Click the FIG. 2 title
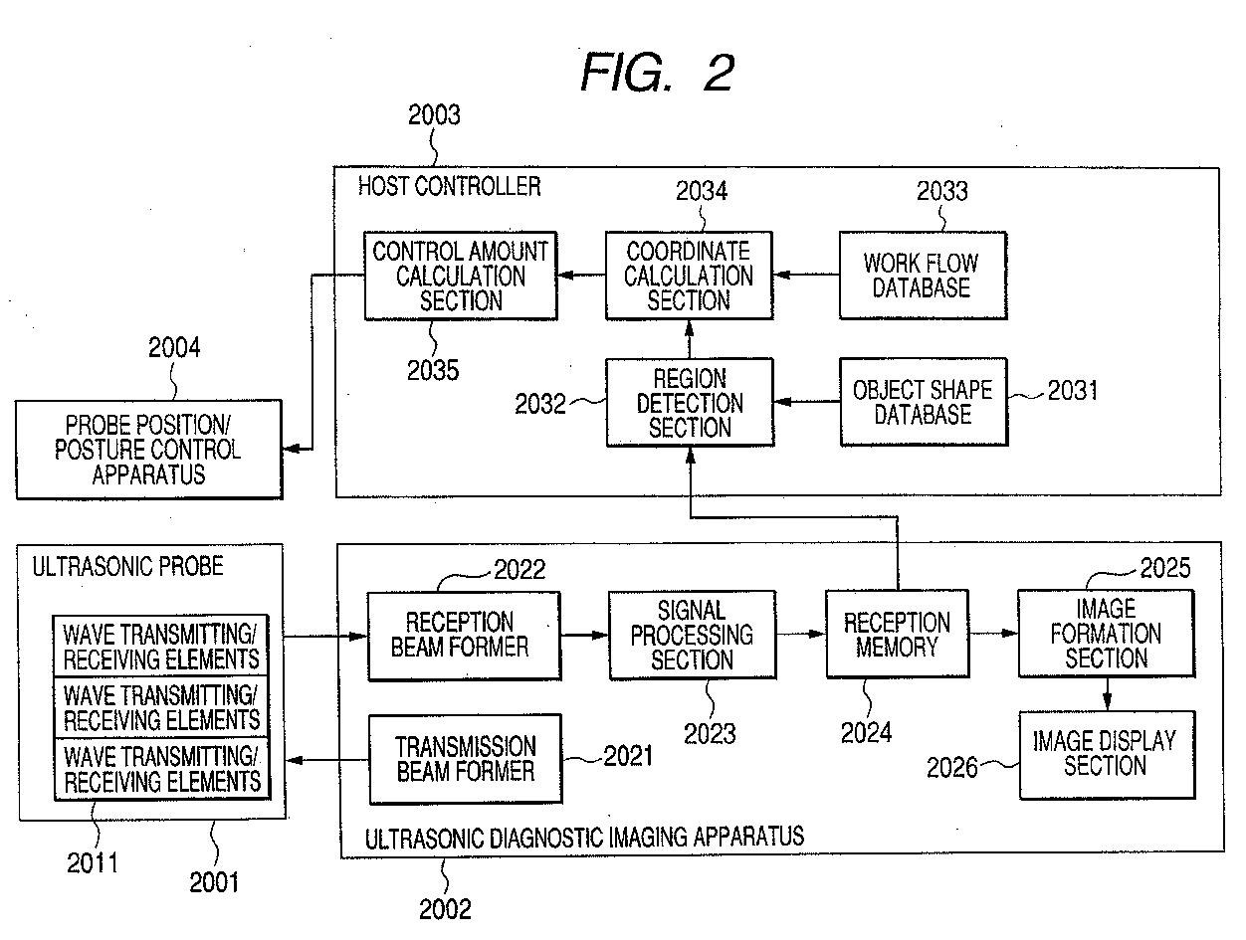pyautogui.click(x=658, y=73)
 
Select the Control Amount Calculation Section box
pyautogui.click(x=460, y=276)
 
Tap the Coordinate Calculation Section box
pyautogui.click(x=689, y=276)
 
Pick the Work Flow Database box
pyautogui.click(x=922, y=276)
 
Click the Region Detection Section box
pyautogui.click(x=689, y=403)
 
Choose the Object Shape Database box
pyautogui.click(x=923, y=402)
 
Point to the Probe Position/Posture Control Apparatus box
pyautogui.click(x=148, y=450)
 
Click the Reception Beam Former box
pyautogui.click(x=463, y=636)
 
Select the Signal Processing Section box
pyautogui.click(x=692, y=635)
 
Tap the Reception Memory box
pyautogui.click(x=897, y=635)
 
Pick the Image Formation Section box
pyautogui.click(x=1105, y=633)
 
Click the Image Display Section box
pyautogui.click(x=1105, y=754)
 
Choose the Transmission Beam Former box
pyautogui.click(x=465, y=759)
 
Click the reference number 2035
pyautogui.click(x=433, y=370)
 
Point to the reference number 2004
pyautogui.click(x=174, y=347)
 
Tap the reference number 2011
pyautogui.click(x=93, y=861)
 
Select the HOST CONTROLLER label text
pyautogui.click(x=449, y=185)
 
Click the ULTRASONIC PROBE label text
pyautogui.click(x=128, y=567)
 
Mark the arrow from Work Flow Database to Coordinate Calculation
pyautogui.click(x=806, y=275)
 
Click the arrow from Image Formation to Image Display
pyautogui.click(x=1106, y=692)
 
